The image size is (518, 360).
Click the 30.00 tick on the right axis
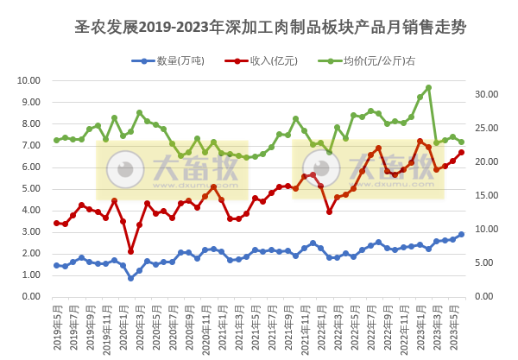pos(490,94)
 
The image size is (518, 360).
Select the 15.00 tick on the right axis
pos(490,195)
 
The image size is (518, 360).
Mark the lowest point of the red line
pos(130,251)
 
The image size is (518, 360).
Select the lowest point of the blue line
pos(130,278)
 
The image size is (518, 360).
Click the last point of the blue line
pos(461,234)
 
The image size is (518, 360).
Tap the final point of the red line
pos(461,152)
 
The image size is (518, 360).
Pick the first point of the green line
pos(56,140)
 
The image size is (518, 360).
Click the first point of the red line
pos(56,223)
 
